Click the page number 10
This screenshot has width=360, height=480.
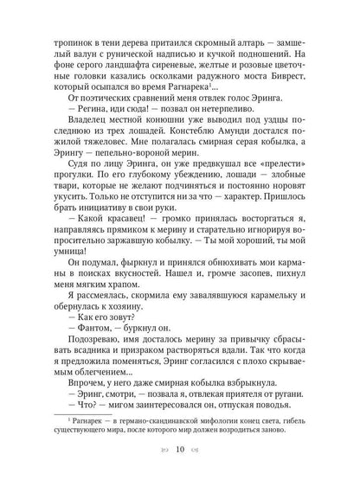pos(180,473)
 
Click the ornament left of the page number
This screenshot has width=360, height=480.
pos(161,473)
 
